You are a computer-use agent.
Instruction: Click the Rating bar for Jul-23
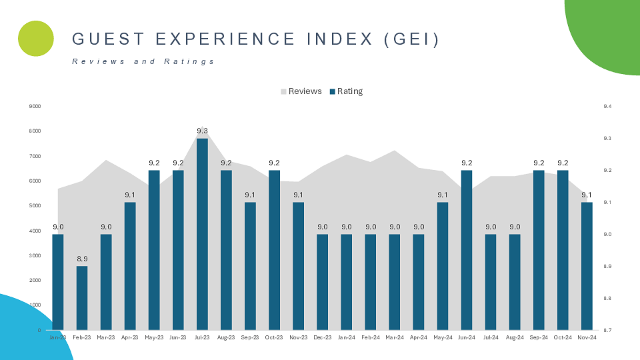(202, 233)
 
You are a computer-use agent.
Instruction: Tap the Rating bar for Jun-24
(466, 250)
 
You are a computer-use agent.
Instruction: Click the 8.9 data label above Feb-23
(82, 259)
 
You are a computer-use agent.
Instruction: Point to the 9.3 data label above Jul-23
(202, 131)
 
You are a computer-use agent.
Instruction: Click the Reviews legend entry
(301, 91)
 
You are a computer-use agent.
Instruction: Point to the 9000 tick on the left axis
(35, 106)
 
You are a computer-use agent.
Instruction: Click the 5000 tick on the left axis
(35, 206)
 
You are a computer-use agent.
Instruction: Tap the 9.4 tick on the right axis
(607, 106)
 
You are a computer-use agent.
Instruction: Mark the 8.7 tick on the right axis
(607, 330)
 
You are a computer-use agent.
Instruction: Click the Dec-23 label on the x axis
(322, 337)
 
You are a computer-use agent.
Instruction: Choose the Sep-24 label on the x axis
(538, 337)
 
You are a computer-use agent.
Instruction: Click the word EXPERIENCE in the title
(225, 39)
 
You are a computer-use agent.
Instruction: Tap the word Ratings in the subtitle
(189, 62)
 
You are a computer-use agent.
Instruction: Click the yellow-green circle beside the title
(36, 39)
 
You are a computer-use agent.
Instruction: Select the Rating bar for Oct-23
(274, 250)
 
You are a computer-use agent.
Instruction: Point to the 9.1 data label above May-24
(442, 195)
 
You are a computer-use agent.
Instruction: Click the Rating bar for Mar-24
(394, 282)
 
